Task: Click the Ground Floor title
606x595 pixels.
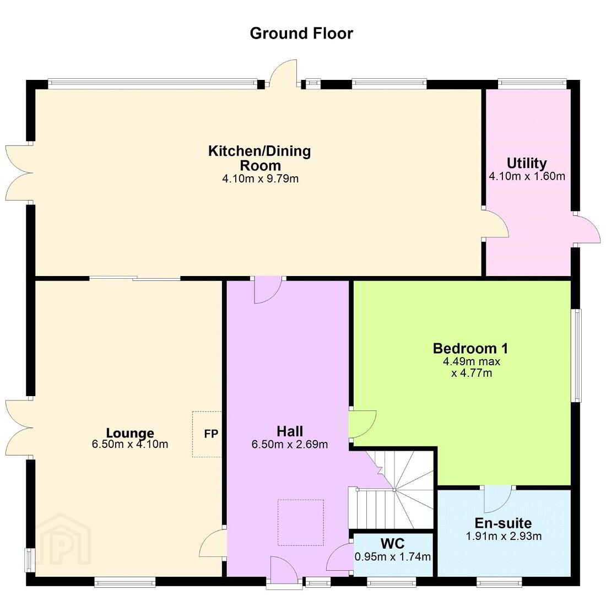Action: coord(301,33)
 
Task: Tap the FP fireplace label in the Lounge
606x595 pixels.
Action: coord(211,434)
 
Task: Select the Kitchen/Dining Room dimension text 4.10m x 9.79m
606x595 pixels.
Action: coord(260,178)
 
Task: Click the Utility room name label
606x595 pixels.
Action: coord(527,164)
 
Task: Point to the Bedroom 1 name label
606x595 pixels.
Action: coord(470,348)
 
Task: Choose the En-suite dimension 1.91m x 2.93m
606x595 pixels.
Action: coord(504,536)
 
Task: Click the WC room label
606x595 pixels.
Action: coord(392,544)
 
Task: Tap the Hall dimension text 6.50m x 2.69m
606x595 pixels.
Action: coord(289,444)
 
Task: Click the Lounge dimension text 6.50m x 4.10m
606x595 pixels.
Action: coord(130,444)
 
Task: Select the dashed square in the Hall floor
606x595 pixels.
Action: coord(301,522)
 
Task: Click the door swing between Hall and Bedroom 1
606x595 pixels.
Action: coord(362,424)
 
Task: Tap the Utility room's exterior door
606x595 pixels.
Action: coord(587,229)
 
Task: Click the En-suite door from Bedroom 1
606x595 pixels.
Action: coord(498,499)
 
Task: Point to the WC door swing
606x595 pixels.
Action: coord(340,557)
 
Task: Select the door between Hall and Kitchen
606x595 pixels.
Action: coord(268,290)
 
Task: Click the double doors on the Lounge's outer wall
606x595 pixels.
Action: coord(19,428)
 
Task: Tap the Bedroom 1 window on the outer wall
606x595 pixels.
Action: coord(577,355)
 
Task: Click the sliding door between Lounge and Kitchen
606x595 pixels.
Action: coord(136,278)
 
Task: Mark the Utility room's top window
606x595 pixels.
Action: coord(532,82)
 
